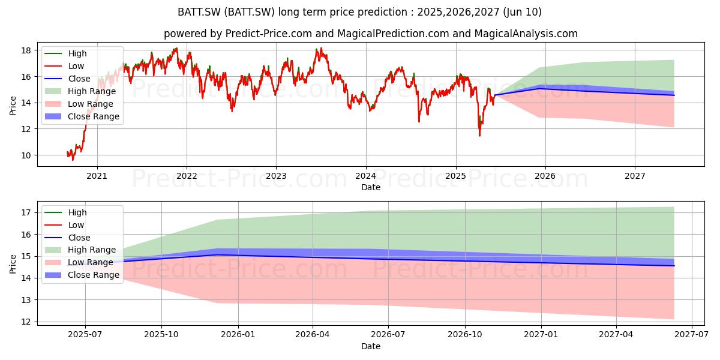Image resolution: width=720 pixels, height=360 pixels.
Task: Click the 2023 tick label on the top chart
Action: tap(276, 176)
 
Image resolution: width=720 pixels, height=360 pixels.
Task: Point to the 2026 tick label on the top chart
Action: tap(545, 176)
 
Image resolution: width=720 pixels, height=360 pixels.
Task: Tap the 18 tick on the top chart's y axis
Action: tap(26, 50)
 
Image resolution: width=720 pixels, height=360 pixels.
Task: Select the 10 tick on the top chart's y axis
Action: tap(26, 155)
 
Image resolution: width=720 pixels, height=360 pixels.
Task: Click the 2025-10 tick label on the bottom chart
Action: tap(161, 335)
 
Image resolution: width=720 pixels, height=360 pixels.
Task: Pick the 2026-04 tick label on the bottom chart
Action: tap(313, 335)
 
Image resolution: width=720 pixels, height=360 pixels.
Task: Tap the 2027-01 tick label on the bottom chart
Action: tap(541, 335)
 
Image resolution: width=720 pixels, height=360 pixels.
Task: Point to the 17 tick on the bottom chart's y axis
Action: tap(26, 212)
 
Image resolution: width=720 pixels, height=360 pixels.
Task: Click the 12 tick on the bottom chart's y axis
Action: tap(26, 322)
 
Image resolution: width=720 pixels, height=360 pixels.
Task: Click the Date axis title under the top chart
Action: tap(371, 187)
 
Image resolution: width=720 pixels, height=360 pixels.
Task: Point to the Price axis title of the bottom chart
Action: tap(13, 264)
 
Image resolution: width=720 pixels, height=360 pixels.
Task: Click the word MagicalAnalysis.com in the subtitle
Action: tap(526, 34)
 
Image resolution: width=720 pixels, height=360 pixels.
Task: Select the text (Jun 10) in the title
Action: tap(523, 12)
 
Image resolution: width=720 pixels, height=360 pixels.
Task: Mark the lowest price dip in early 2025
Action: tap(479, 136)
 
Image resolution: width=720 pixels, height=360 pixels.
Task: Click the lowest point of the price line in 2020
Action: tap(73, 160)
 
